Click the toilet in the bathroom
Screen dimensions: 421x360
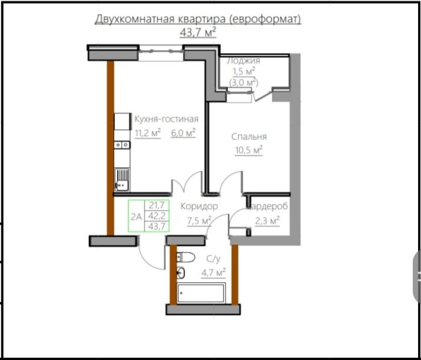coord(185,257)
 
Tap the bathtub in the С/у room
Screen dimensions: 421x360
coord(201,293)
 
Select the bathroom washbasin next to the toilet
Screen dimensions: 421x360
coord(180,273)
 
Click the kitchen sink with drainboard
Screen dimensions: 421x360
coord(122,180)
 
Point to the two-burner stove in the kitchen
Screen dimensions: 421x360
coord(122,145)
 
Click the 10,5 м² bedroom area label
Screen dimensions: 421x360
coord(248,150)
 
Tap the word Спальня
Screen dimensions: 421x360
coord(249,137)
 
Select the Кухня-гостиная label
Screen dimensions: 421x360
coord(166,119)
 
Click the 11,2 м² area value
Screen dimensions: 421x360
coord(147,133)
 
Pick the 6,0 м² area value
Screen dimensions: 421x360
coord(183,133)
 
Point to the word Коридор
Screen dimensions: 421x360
coord(199,206)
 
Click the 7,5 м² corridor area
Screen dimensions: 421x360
coord(199,221)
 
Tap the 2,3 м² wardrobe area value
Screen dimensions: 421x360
coord(267,221)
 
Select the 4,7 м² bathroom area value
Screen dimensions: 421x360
coord(213,273)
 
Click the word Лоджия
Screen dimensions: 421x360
coord(244,61)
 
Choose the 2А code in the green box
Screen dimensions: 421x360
coord(136,217)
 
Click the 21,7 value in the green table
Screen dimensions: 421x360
coord(157,206)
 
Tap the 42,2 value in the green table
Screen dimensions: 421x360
coord(157,216)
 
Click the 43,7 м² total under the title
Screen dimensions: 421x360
coord(198,32)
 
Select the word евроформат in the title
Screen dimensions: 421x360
coord(264,19)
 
